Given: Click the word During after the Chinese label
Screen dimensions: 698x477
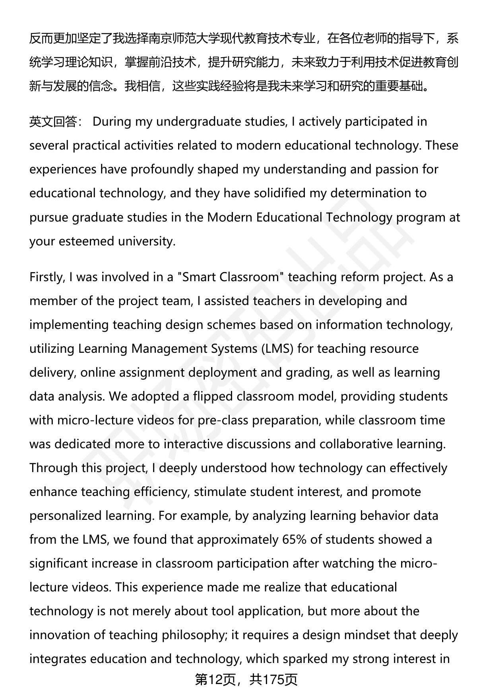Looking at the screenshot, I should [x=112, y=121].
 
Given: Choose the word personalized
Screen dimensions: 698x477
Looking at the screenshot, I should [x=66, y=516].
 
